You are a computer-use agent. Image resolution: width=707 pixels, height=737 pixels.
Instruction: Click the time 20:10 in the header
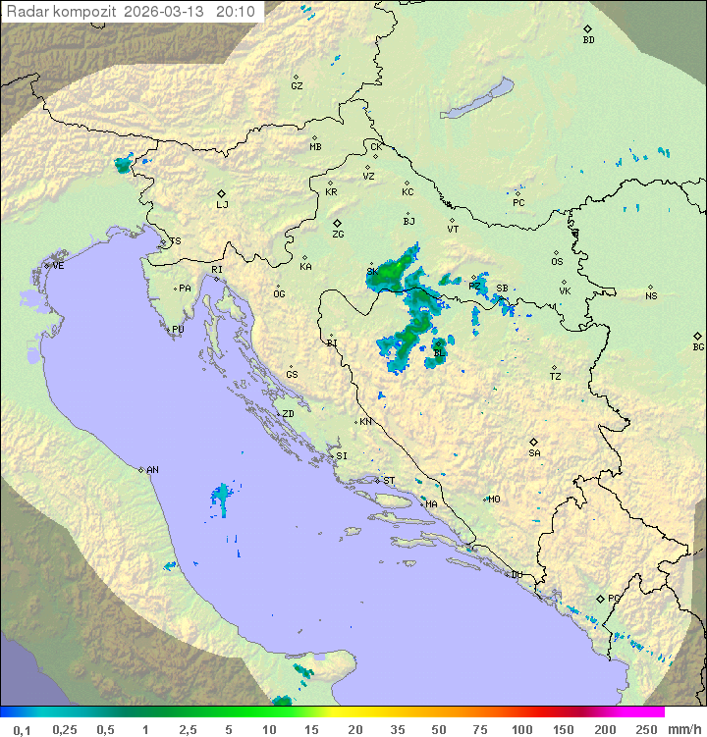[236, 12]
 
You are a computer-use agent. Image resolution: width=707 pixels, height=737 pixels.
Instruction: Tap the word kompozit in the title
[85, 12]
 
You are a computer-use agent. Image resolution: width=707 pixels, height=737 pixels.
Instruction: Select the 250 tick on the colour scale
[645, 729]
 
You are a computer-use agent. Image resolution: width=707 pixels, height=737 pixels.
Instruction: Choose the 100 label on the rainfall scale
[521, 729]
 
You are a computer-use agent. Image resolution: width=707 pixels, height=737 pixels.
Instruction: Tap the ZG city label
[338, 235]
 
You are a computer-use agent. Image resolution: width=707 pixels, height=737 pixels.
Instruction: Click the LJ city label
[222, 205]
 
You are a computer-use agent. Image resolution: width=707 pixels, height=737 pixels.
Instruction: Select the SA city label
[534, 452]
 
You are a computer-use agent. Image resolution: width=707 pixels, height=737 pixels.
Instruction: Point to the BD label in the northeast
[588, 40]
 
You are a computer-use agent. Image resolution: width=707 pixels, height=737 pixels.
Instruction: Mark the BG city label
[698, 346]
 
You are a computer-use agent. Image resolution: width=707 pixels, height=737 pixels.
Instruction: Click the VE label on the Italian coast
[58, 266]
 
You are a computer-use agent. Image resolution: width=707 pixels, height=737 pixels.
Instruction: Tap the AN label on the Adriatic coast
[152, 470]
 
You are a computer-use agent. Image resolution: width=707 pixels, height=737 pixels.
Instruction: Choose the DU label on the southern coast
[516, 575]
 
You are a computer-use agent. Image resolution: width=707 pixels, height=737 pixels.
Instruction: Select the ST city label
[389, 481]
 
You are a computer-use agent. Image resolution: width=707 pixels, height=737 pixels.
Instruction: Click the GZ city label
[297, 86]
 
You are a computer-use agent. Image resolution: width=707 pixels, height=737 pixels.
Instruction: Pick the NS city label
[651, 295]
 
